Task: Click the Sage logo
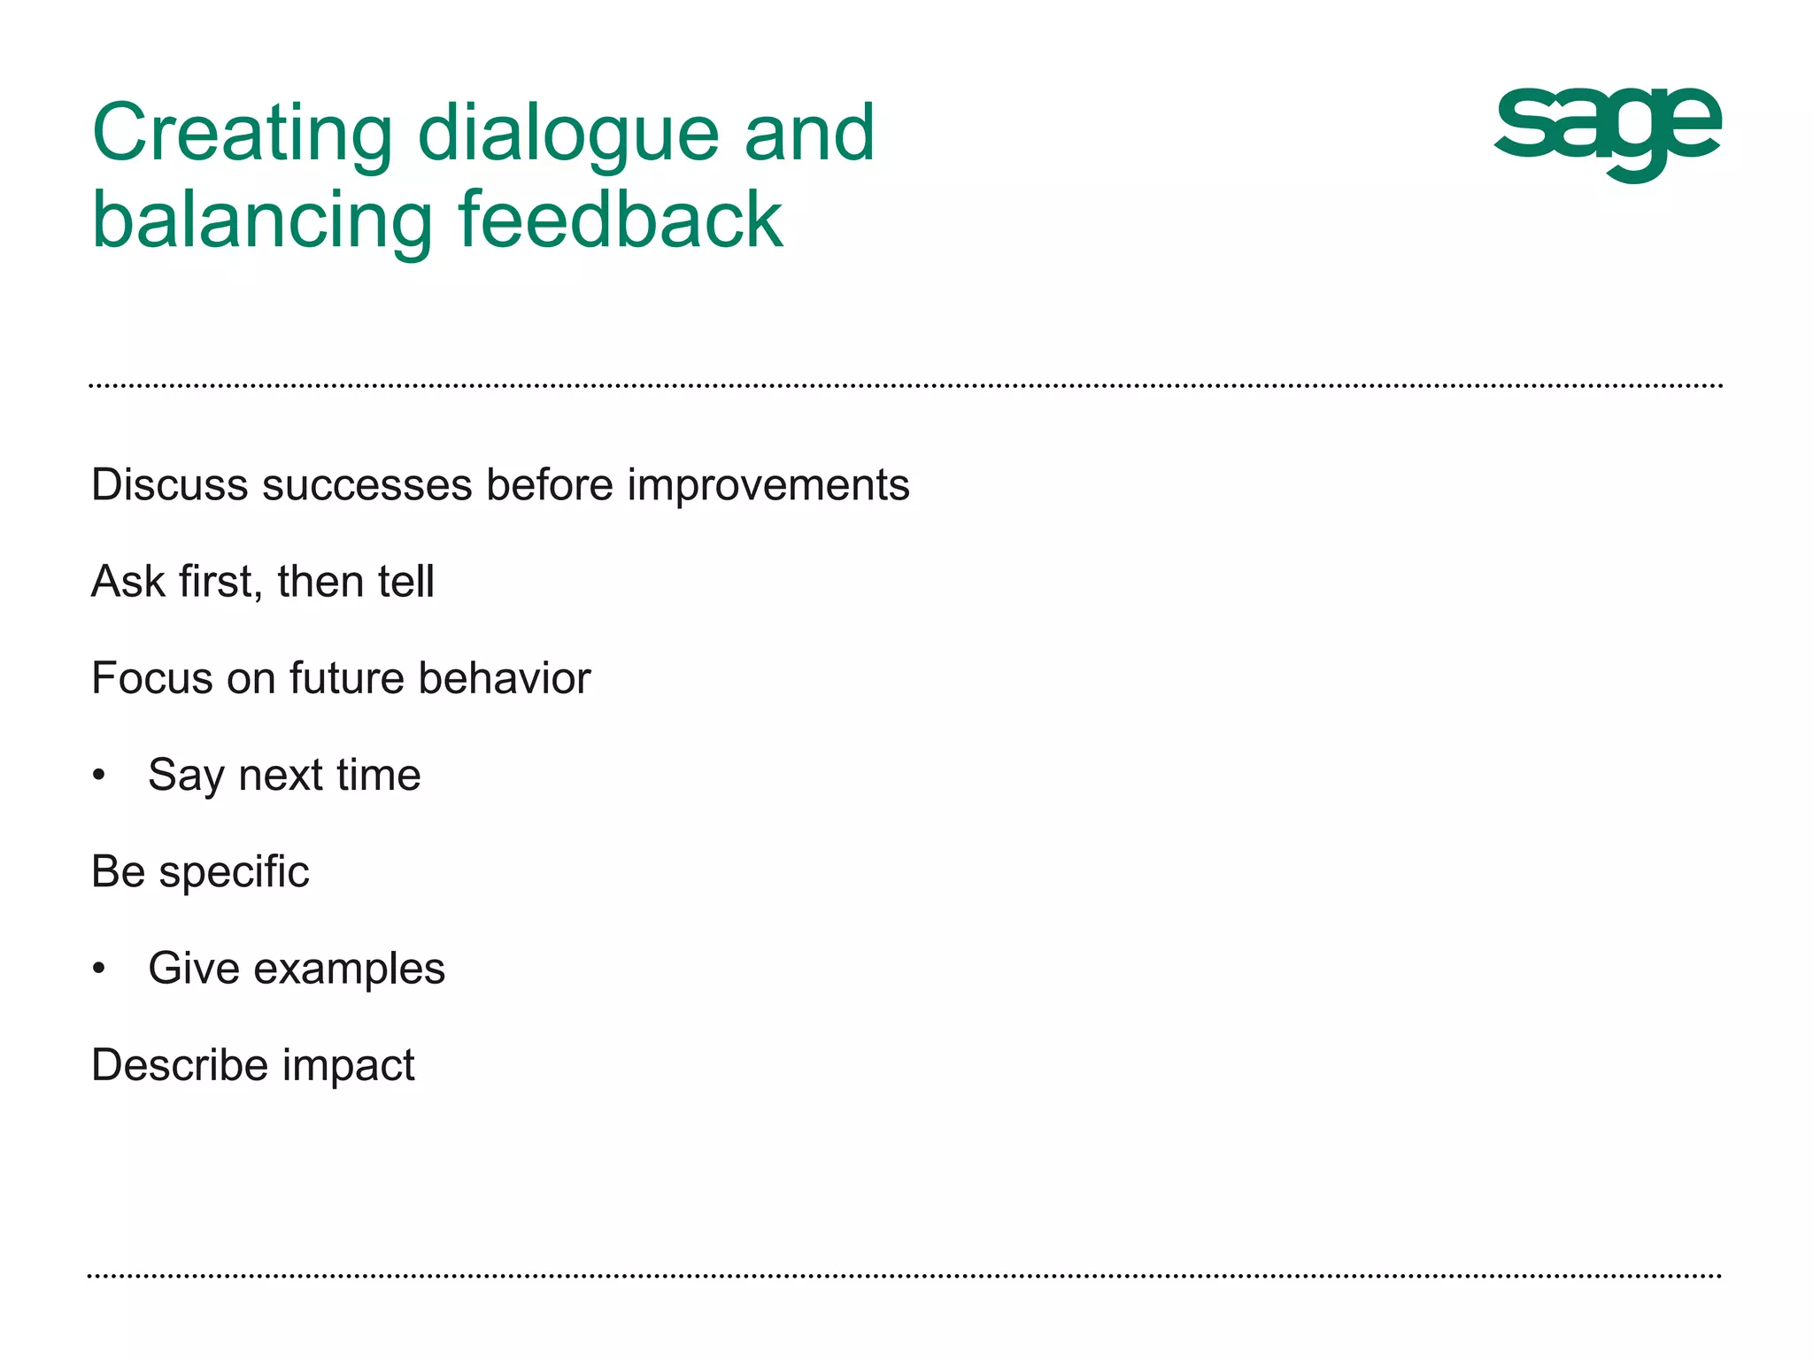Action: click(1607, 133)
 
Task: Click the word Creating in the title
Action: click(242, 135)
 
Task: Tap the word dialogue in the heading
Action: click(567, 135)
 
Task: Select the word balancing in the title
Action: click(262, 221)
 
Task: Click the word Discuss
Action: click(169, 485)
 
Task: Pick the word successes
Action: click(366, 485)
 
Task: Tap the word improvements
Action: click(768, 485)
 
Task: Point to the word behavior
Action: click(504, 678)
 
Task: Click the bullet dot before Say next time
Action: click(99, 776)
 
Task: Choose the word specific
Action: click(234, 872)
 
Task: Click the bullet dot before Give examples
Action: click(99, 969)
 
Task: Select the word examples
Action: click(349, 969)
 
